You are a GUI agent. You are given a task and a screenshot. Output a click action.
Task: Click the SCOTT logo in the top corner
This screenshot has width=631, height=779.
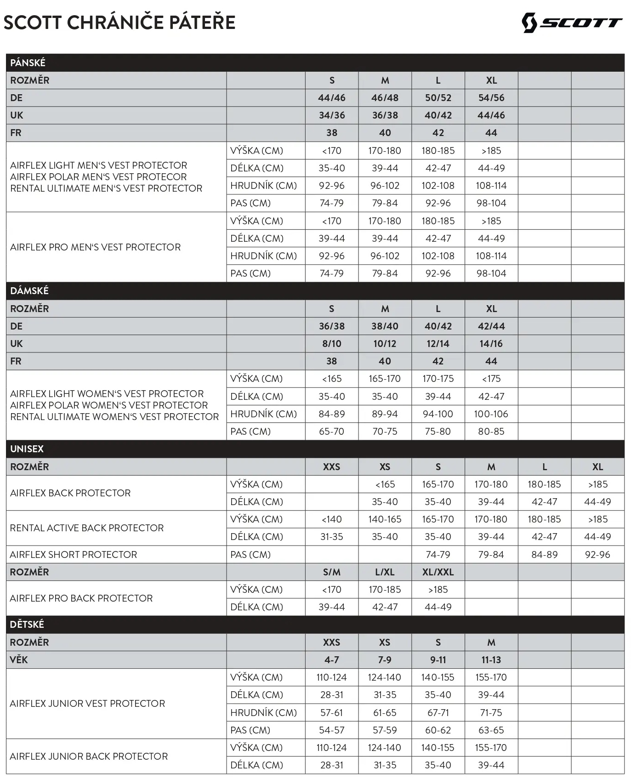[x=572, y=22]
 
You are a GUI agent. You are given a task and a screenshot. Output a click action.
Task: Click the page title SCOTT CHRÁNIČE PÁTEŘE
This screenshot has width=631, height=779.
[x=119, y=23]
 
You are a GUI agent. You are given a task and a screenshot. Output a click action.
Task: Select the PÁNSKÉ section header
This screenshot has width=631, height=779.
[x=28, y=63]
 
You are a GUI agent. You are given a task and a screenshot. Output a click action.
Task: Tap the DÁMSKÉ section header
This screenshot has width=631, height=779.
[x=29, y=291]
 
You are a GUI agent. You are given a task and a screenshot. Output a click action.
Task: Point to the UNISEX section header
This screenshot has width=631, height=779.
[x=27, y=449]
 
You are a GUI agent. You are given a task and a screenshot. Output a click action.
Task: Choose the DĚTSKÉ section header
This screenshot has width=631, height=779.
[x=27, y=625]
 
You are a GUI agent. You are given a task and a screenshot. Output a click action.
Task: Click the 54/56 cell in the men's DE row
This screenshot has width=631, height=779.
[x=491, y=98]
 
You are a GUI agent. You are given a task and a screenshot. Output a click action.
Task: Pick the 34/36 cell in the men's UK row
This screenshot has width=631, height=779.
[x=332, y=115]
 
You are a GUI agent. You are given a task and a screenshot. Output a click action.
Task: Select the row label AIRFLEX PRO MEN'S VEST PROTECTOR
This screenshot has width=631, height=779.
[x=96, y=247]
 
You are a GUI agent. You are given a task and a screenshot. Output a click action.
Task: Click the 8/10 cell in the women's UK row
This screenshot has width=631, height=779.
[x=331, y=344]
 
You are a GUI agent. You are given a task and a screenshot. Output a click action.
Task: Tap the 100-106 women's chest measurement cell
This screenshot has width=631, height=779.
[x=491, y=414]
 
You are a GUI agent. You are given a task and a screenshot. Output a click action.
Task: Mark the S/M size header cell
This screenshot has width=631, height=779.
[x=331, y=572]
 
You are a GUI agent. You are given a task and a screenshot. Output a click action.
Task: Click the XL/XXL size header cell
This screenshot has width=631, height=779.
[x=438, y=572]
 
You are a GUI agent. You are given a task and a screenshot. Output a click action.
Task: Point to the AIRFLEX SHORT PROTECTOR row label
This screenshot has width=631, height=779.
[x=74, y=555]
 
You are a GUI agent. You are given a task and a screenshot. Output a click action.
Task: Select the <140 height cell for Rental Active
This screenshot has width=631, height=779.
[x=331, y=519]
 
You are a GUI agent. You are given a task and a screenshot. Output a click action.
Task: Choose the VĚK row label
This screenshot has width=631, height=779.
[x=19, y=660]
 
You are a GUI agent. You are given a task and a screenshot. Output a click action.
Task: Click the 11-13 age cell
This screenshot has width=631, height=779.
[x=491, y=660]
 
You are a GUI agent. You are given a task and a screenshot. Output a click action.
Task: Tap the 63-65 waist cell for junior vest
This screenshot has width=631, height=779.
[x=491, y=730]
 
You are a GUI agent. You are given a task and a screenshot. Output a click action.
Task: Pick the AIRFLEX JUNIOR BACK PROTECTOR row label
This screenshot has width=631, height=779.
[x=89, y=756]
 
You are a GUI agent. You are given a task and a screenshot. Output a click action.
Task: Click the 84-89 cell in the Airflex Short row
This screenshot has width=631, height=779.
[x=544, y=555]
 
